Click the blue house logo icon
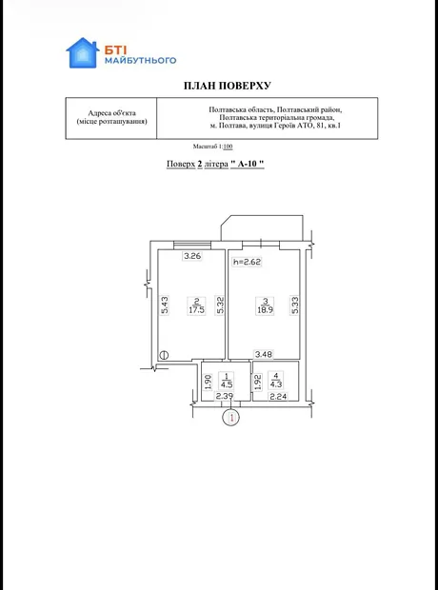(x=83, y=52)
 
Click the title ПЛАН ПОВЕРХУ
(x=228, y=86)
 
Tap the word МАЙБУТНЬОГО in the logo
(x=141, y=60)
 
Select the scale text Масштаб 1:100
(x=212, y=147)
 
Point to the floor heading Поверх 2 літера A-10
(x=215, y=164)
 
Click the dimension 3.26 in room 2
(x=192, y=257)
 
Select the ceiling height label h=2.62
(x=247, y=262)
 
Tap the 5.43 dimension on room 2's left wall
(x=165, y=305)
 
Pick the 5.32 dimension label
(x=220, y=305)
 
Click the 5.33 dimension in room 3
(x=295, y=305)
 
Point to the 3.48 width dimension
(x=264, y=354)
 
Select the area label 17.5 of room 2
(x=197, y=310)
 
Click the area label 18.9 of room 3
(x=265, y=310)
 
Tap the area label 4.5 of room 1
(x=228, y=385)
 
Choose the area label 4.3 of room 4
(x=276, y=384)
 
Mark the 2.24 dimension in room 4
(x=278, y=396)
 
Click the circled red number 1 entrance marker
(x=231, y=418)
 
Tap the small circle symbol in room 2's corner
(x=164, y=354)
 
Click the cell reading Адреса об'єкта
(x=111, y=113)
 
